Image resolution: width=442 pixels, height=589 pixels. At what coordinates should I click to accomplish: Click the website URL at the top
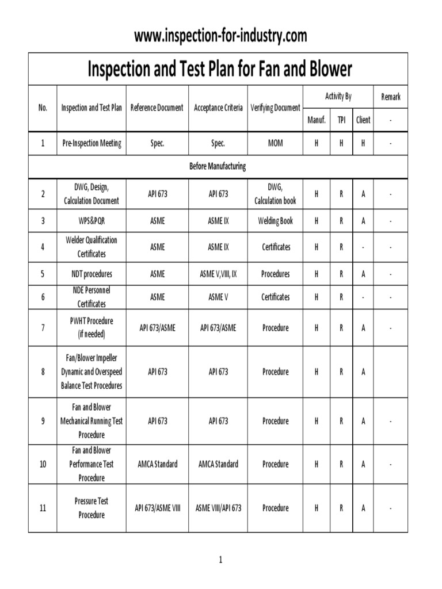click(x=220, y=36)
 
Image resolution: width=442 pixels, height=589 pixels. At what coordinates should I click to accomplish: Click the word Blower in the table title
click(x=326, y=70)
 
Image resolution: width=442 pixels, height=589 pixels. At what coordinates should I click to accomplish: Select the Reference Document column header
click(x=157, y=108)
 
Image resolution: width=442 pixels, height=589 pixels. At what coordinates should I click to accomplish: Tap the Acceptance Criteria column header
click(x=218, y=108)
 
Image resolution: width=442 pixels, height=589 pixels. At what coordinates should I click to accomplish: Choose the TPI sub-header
click(x=341, y=120)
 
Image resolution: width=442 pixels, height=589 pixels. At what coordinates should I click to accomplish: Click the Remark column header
click(x=390, y=97)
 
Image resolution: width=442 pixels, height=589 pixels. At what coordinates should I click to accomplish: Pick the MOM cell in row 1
click(x=275, y=144)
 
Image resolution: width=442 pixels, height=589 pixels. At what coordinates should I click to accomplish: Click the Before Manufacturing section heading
click(x=218, y=166)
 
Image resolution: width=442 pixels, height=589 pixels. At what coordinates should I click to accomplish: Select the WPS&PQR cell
click(x=92, y=221)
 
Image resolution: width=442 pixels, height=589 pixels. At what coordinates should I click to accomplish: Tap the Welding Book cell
click(x=275, y=221)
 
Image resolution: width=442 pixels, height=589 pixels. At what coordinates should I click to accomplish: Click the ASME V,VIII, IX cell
click(x=218, y=274)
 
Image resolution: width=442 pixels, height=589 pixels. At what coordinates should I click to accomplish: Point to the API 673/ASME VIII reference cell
click(x=157, y=508)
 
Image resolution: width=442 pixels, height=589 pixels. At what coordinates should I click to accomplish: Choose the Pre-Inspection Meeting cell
click(x=92, y=144)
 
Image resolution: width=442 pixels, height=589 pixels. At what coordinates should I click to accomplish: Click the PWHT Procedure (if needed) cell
click(x=92, y=328)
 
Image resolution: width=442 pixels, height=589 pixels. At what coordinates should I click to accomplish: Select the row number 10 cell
click(x=43, y=464)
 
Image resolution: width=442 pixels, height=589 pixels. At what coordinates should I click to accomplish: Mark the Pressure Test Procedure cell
click(x=92, y=508)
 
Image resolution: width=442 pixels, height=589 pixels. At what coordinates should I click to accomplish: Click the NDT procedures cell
click(x=92, y=274)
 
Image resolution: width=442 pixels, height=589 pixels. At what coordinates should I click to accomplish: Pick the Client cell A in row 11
click(x=363, y=508)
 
